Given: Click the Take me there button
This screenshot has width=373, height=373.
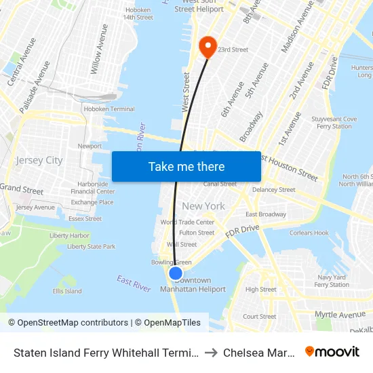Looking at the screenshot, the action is pos(186,166).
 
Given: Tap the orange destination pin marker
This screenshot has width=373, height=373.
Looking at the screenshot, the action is pos(206,47).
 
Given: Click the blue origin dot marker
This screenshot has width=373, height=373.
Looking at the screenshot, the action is pos(175,273).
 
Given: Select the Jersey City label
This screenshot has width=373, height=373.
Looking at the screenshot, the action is pos(39,161).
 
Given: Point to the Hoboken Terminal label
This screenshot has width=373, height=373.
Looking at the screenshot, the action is pos(109,109).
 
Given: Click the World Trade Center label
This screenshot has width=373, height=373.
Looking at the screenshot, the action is pos(187,222).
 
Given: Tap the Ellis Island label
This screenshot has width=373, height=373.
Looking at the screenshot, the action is pos(67,291).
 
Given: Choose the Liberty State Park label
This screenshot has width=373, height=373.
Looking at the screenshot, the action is pos(91,247).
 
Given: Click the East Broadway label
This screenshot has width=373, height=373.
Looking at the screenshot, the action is pos(265,214).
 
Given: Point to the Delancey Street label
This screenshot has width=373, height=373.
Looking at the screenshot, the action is pos(274,190).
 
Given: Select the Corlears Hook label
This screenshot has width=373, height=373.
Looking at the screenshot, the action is pos(309,233).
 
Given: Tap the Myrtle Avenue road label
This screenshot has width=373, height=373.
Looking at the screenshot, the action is pos(340,315).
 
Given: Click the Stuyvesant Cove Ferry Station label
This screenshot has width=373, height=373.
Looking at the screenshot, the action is pos(337,122).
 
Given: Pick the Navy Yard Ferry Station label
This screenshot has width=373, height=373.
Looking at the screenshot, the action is pos(332,281).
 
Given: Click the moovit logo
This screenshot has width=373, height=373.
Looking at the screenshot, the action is pos(332,351).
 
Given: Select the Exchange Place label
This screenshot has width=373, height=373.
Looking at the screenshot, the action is pos(92,202).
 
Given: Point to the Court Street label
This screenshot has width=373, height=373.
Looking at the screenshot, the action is pos(259,316).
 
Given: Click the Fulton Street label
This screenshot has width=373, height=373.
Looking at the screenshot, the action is pos(197,233).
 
